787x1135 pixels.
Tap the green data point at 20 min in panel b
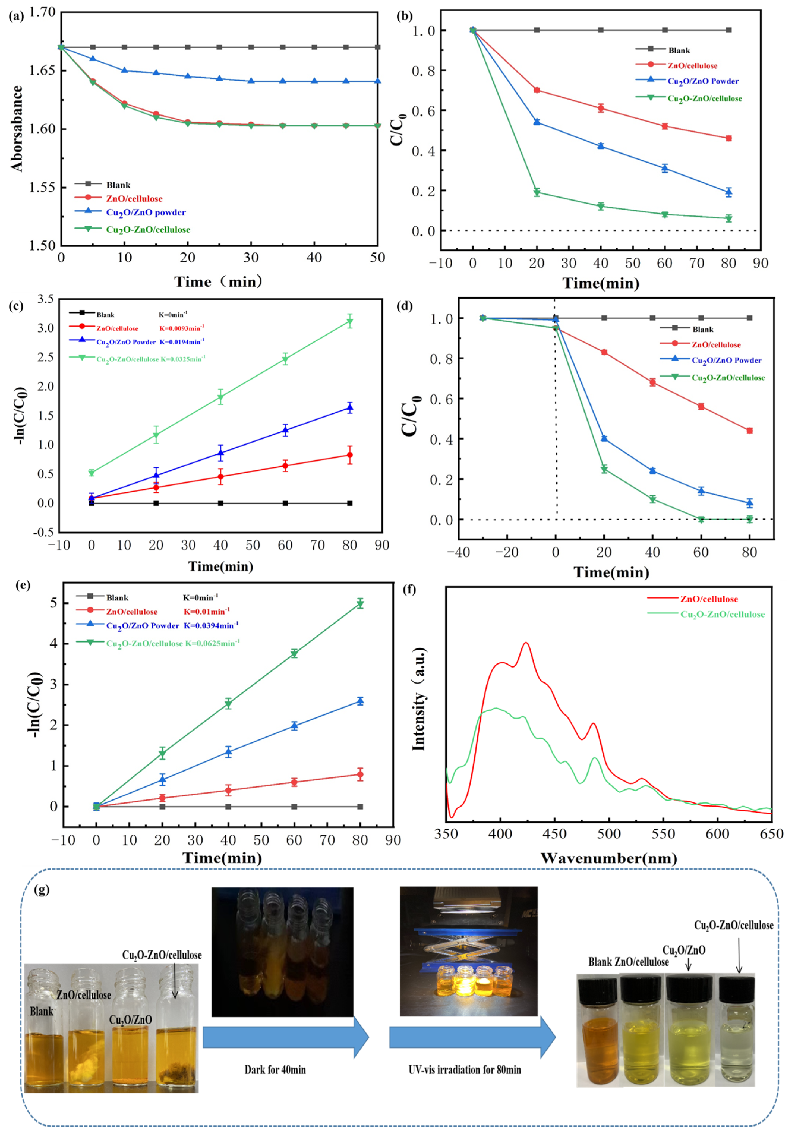(x=537, y=192)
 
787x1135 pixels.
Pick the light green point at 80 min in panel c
(x=350, y=322)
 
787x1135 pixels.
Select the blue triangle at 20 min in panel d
(x=604, y=438)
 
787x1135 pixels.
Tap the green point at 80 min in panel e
(x=360, y=604)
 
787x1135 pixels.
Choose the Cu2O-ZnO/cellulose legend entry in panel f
(x=723, y=614)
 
